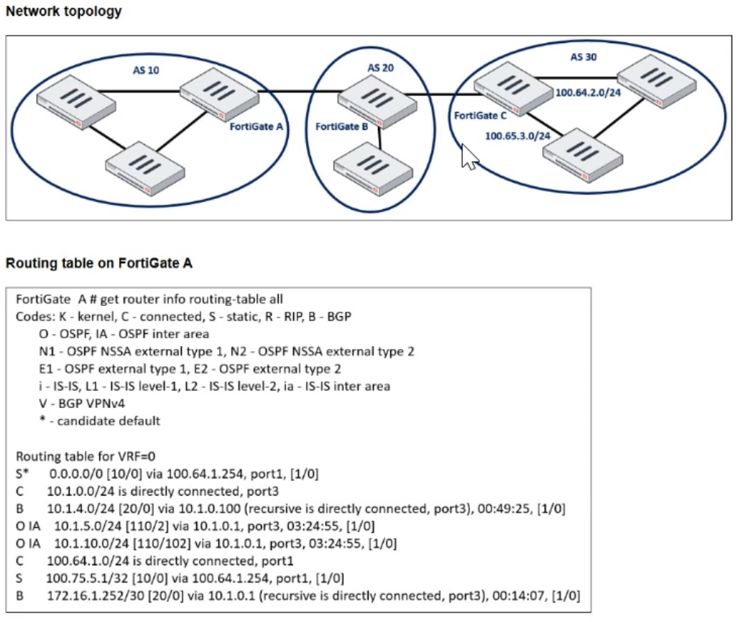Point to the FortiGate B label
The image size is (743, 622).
(x=341, y=126)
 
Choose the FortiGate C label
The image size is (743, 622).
(x=480, y=115)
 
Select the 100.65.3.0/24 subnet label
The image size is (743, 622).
(x=517, y=136)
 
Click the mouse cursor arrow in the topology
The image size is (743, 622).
(x=468, y=157)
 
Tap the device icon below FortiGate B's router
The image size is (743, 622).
(x=373, y=170)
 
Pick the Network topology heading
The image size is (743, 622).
(x=64, y=11)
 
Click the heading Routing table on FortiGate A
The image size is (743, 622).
(x=99, y=263)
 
